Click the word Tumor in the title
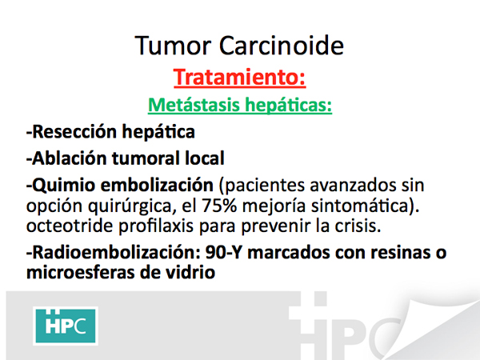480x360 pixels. click(x=173, y=46)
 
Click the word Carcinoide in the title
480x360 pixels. click(x=282, y=46)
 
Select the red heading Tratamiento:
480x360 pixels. click(x=240, y=78)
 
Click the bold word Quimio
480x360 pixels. click(x=60, y=186)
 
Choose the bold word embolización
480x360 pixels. click(x=157, y=185)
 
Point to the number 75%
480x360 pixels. click(x=219, y=206)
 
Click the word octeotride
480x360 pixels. click(x=70, y=226)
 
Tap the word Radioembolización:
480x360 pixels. click(x=114, y=253)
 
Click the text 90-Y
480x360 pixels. click(x=223, y=253)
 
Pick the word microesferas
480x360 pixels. click(x=80, y=273)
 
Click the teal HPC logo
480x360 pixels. click(x=66, y=326)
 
